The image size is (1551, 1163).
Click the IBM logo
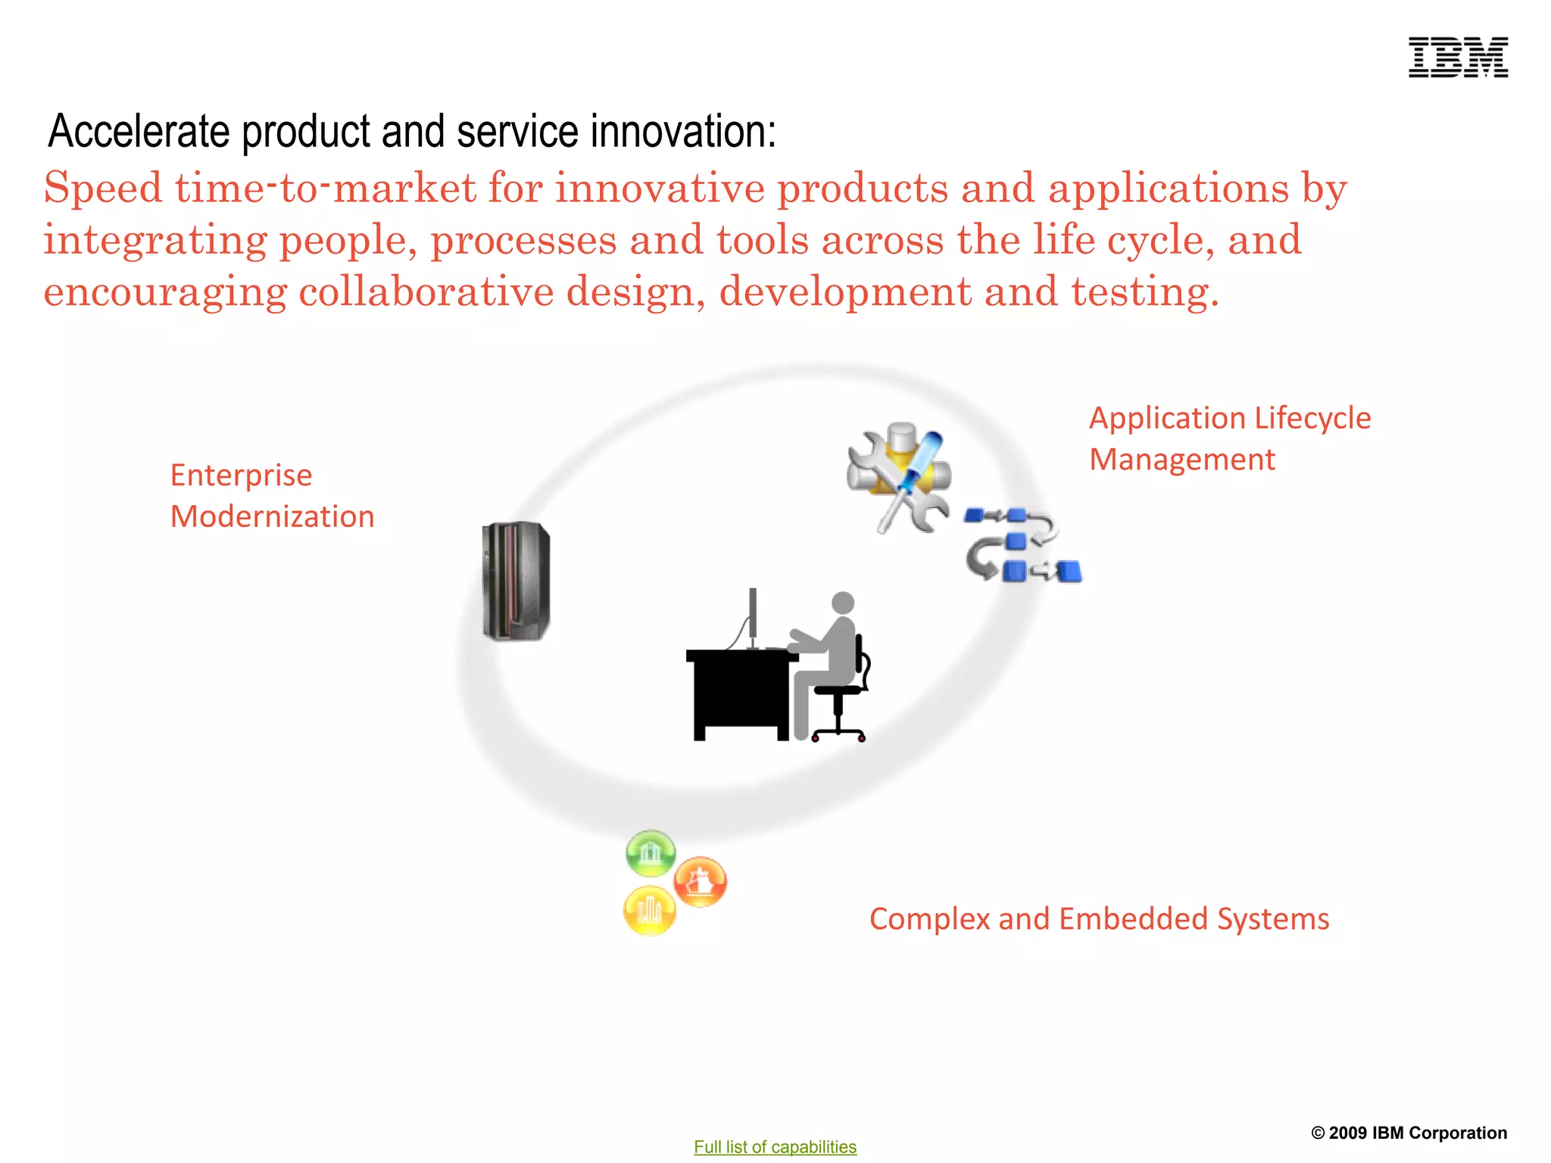point(1458,58)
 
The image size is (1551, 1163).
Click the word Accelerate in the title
point(139,131)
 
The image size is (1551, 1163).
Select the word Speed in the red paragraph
point(103,188)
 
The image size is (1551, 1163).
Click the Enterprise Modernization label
point(271,495)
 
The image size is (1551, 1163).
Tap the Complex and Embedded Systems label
point(1098,918)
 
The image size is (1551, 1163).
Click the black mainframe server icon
point(516,581)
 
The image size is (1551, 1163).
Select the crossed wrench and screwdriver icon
point(899,478)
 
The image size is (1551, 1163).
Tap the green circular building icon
point(651,853)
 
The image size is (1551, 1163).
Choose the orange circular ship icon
point(701,881)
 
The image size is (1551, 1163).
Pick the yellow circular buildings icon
point(650,909)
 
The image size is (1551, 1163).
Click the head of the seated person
point(843,603)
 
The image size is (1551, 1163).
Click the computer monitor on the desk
point(753,615)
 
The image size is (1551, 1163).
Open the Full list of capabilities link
point(775,1146)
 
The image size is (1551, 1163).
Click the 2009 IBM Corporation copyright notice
point(1409,1133)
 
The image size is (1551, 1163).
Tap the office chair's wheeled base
point(838,734)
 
